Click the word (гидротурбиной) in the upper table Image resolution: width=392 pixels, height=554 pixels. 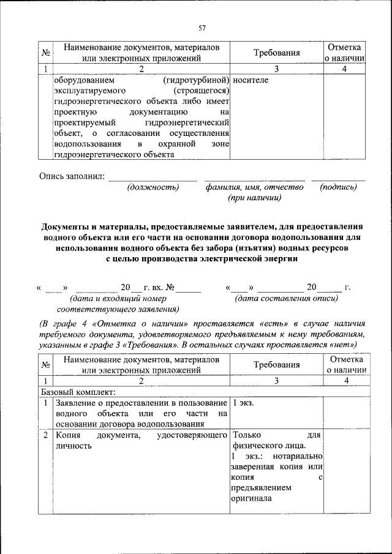click(x=196, y=80)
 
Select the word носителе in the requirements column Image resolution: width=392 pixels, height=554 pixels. click(x=251, y=80)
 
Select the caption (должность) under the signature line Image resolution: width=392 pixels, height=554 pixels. click(x=153, y=187)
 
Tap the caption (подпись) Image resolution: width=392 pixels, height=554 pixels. click(x=338, y=187)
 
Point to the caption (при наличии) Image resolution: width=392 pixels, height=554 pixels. click(x=254, y=198)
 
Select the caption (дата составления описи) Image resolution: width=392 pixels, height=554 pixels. click(x=286, y=298)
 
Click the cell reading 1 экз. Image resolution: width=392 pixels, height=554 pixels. click(x=244, y=403)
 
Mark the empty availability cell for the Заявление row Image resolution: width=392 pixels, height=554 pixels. click(x=346, y=413)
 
